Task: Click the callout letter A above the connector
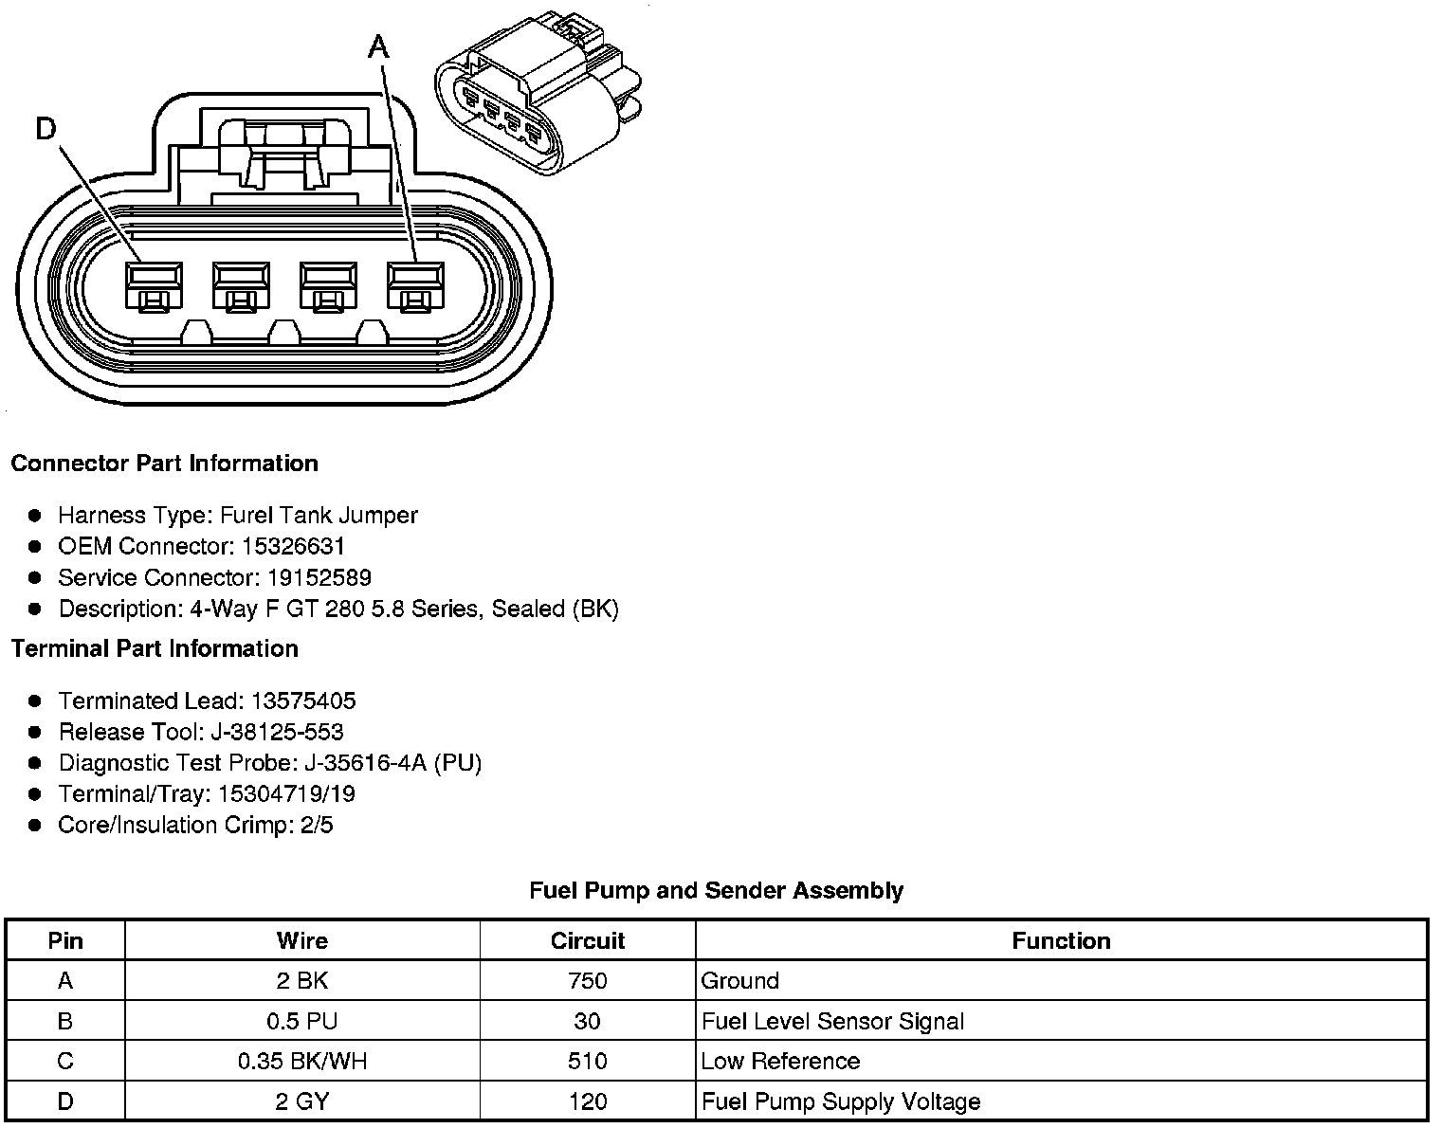(x=379, y=45)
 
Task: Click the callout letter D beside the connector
(x=46, y=128)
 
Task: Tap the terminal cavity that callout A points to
(x=414, y=284)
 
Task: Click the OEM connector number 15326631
(x=293, y=546)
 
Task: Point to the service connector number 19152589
(x=319, y=577)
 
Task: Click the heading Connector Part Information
(x=164, y=464)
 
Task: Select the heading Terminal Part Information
(x=155, y=648)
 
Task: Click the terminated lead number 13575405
(x=303, y=700)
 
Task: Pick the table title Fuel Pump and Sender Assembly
(x=716, y=890)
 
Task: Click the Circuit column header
(x=587, y=940)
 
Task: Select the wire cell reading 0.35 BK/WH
(x=301, y=1061)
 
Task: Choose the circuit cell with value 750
(x=587, y=980)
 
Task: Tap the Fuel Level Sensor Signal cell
(x=832, y=1021)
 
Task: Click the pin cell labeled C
(x=64, y=1061)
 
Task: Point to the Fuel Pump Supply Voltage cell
(x=841, y=1101)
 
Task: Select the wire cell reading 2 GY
(x=301, y=1101)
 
